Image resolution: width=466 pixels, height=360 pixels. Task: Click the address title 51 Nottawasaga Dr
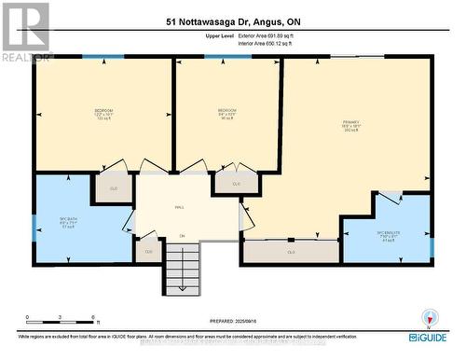(233, 21)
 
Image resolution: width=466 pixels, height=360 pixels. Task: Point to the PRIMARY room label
(351, 125)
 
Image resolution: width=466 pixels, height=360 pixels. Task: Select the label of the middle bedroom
(226, 115)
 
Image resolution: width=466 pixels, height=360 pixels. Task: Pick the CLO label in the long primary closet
(291, 252)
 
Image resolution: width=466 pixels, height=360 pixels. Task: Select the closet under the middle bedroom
(236, 183)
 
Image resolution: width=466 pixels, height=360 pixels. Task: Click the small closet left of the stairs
(146, 250)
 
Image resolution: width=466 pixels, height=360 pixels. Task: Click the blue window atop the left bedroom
(97, 57)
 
